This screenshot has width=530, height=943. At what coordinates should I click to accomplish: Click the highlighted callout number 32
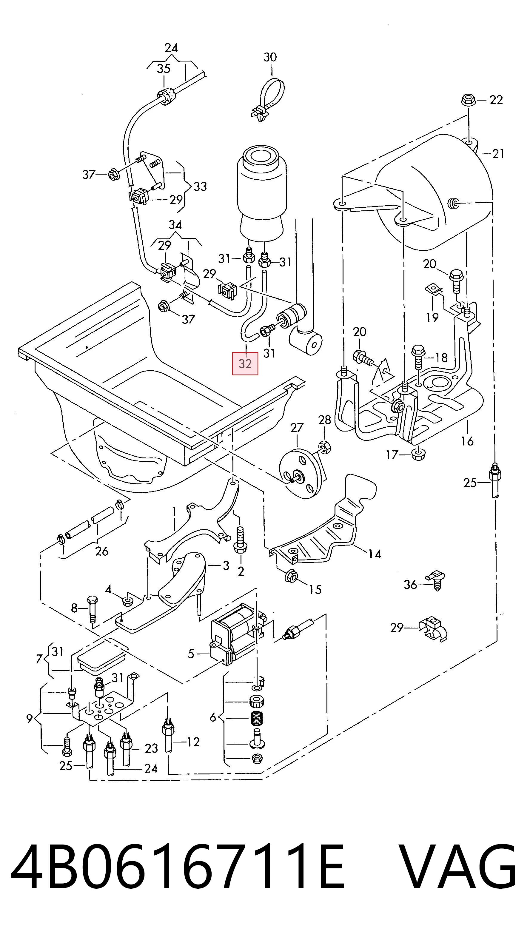pos(245,363)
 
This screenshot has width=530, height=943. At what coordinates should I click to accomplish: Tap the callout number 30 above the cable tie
pos(270,57)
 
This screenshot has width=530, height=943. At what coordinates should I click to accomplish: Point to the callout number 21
pos(498,154)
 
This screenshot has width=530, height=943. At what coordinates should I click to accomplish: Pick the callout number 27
pos(297,427)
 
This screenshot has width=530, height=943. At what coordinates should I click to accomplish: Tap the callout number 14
pos(375,554)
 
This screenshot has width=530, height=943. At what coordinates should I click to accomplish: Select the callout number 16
pos(467,441)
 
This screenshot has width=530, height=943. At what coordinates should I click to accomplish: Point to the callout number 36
pos(410,585)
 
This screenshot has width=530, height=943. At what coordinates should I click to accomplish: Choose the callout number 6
pos(213,717)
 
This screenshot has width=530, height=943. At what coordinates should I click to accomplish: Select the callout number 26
pos(102,551)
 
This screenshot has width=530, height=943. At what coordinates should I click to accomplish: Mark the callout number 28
pos(325,420)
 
